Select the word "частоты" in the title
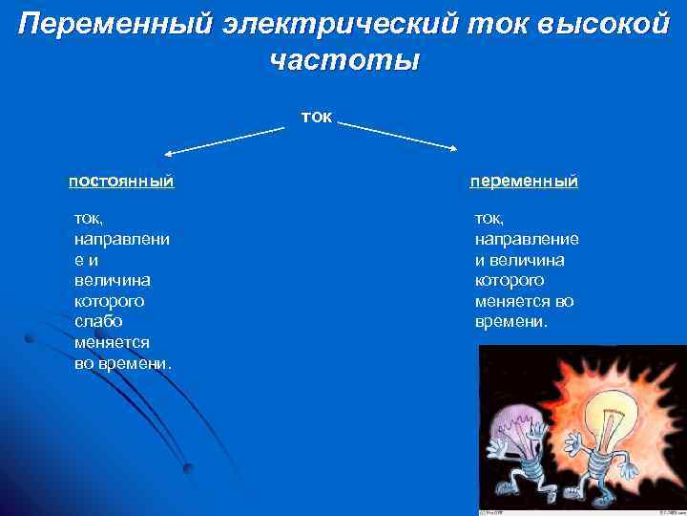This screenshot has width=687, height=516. pyautogui.click(x=343, y=60)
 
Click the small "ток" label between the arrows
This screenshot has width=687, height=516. pyautogui.click(x=316, y=116)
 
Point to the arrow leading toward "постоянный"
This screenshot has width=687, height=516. pyautogui.click(x=224, y=140)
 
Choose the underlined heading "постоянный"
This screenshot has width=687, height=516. pyautogui.click(x=121, y=180)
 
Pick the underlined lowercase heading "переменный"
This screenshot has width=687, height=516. pyautogui.click(x=524, y=180)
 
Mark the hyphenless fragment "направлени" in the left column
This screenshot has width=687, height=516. pyautogui.click(x=122, y=238)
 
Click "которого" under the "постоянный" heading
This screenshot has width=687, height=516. pyautogui.click(x=109, y=300)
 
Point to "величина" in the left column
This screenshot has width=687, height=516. pyautogui.click(x=109, y=280)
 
